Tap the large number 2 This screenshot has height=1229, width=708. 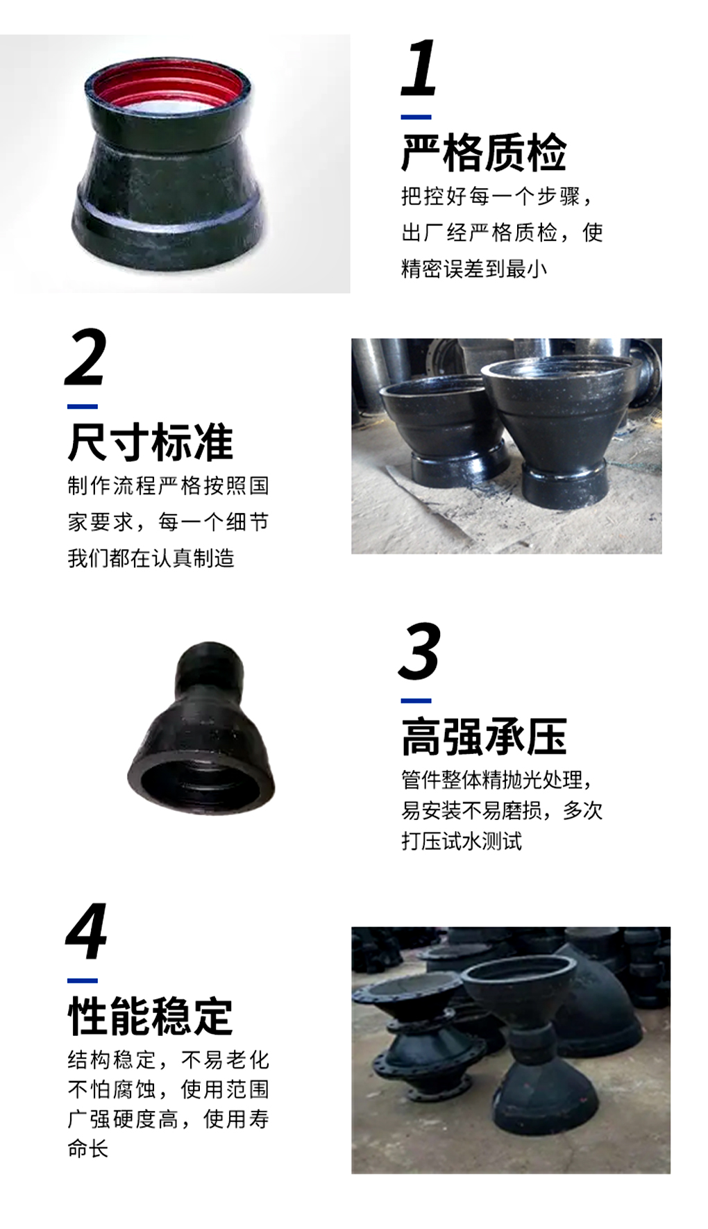[86, 357]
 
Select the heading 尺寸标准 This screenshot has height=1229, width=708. [151, 442]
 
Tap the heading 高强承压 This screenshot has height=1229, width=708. [484, 736]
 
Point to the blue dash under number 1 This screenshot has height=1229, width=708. [416, 117]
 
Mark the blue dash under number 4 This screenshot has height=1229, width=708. [83, 980]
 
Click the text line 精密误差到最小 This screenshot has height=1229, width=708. [474, 269]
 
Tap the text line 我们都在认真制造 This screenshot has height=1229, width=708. [151, 558]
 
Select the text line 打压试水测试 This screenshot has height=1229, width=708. [462, 842]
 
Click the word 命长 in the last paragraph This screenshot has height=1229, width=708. [88, 1148]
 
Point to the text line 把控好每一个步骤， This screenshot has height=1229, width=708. [498, 197]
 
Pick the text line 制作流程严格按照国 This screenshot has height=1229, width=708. [168, 485]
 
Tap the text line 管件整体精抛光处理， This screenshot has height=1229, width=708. [498, 780]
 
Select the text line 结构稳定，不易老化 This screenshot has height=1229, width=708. [168, 1060]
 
